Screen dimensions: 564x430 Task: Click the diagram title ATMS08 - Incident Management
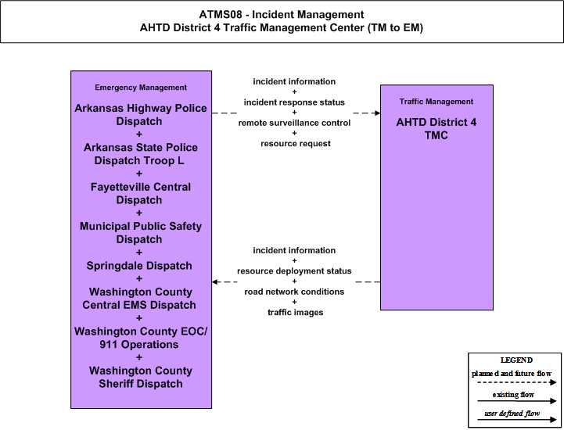click(282, 15)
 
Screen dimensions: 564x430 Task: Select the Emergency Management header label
click(141, 88)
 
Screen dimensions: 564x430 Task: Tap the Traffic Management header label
click(436, 102)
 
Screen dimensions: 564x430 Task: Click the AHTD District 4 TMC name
click(436, 129)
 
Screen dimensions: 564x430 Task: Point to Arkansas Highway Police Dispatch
click(141, 115)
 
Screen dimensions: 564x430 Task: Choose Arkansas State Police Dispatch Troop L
click(141, 154)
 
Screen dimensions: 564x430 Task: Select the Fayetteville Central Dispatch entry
click(141, 193)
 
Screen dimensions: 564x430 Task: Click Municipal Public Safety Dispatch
click(141, 233)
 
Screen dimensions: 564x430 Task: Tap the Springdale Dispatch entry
click(139, 266)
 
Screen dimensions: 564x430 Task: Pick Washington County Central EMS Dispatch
click(140, 299)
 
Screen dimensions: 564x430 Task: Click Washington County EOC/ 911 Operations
click(141, 338)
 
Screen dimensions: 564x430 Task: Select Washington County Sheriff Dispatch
click(141, 377)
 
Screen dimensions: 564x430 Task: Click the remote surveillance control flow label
click(294, 123)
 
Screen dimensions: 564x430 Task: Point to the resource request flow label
click(296, 144)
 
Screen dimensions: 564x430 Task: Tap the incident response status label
click(294, 102)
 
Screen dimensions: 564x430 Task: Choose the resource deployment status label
click(294, 271)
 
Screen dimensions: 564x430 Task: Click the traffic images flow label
click(296, 313)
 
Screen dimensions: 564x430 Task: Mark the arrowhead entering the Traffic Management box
click(378, 113)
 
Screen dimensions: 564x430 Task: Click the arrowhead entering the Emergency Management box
click(215, 282)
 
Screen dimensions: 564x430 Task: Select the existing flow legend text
click(513, 395)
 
